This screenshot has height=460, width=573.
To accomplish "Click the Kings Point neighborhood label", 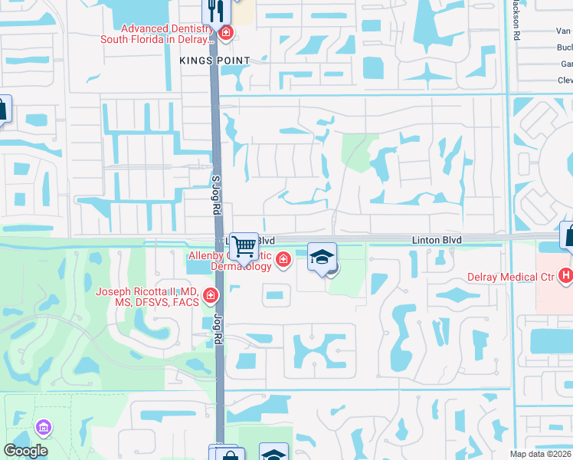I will point(215,60).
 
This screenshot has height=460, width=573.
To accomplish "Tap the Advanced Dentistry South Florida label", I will point(159,34).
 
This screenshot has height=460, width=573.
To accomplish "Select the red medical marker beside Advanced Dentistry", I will point(226,32).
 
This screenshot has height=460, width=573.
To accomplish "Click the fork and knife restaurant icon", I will point(215,11).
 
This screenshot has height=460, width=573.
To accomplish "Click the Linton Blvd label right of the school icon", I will point(436,240).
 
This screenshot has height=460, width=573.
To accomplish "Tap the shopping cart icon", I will point(244,247).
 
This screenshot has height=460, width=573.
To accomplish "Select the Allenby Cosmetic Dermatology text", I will point(230,260).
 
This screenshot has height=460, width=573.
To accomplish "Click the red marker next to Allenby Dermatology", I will point(283,261).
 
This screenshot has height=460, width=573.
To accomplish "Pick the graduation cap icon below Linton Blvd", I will point(323,257).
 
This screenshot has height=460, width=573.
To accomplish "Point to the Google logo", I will point(25,451).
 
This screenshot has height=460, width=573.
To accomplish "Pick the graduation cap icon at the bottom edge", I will point(273,452).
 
